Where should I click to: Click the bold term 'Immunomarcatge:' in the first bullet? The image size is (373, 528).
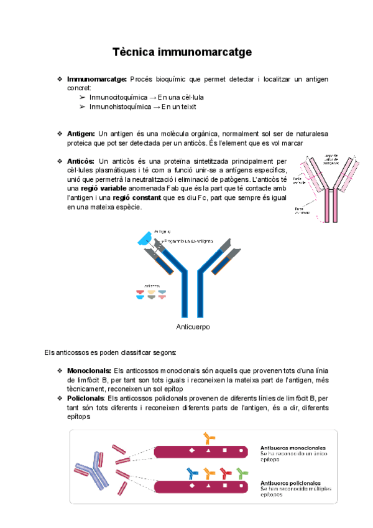coord(96,79)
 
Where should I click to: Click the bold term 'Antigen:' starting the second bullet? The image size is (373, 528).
coord(81,134)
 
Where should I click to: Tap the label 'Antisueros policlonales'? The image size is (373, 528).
coord(291,483)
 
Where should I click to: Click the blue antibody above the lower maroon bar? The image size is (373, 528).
coord(192,473)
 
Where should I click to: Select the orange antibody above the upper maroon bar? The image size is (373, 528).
coord(208,438)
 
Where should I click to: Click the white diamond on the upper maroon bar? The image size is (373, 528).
coord(192,450)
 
